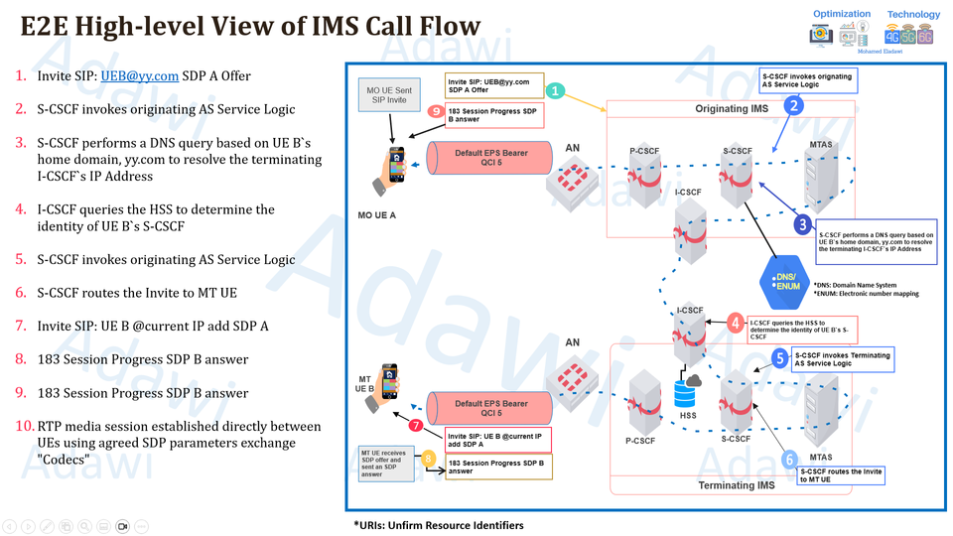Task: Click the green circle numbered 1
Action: point(556,91)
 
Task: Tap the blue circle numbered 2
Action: point(794,102)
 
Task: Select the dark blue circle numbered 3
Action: point(802,225)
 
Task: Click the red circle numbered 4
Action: point(735,323)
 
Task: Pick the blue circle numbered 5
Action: point(780,358)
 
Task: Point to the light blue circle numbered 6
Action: point(790,460)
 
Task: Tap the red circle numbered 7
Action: point(416,426)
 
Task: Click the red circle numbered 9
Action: point(436,112)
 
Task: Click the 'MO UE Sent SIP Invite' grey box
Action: point(388,95)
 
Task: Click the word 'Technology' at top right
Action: point(912,15)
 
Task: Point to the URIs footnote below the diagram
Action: point(438,524)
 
